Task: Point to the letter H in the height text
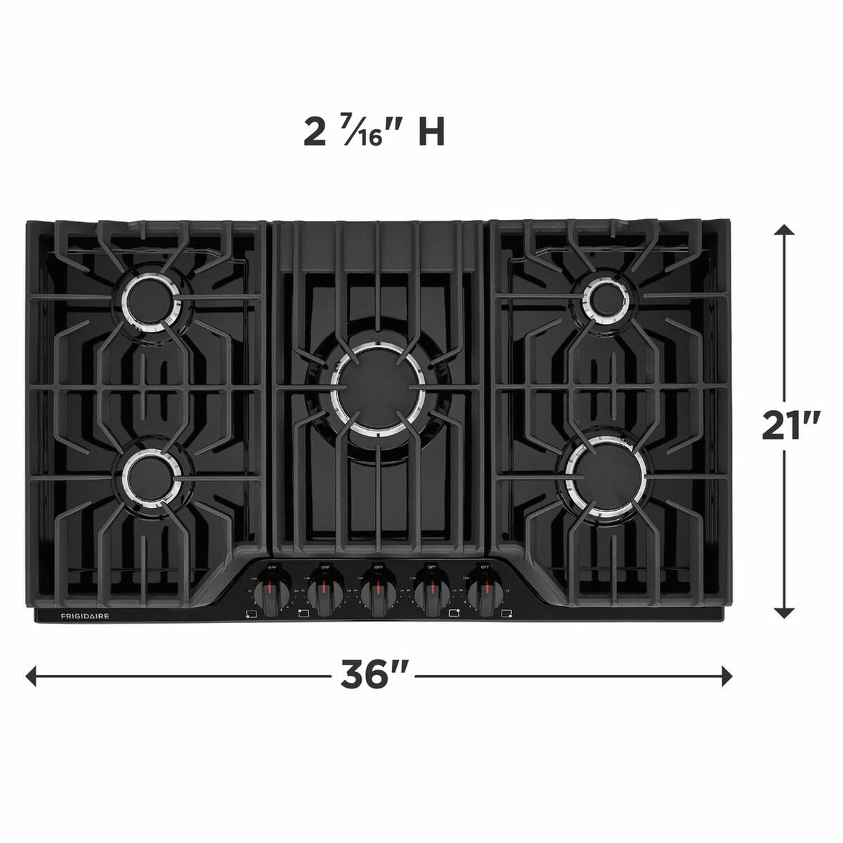[431, 133]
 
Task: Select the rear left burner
[149, 299]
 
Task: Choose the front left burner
[150, 477]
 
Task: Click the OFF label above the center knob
[378, 566]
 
